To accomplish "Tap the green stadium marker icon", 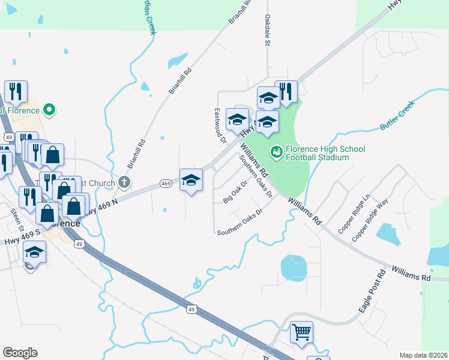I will pyautogui.click(x=276, y=150).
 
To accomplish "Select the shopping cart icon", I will pyautogui.click(x=301, y=331).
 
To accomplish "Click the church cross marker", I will pyautogui.click(x=124, y=181).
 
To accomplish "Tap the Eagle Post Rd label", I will pyautogui.click(x=371, y=292).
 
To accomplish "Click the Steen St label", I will pyautogui.click(x=16, y=220).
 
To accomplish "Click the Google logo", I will pyautogui.click(x=20, y=353).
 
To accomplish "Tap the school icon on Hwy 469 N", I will pyautogui.click(x=191, y=179).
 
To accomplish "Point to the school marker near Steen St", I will pyautogui.click(x=34, y=253).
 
